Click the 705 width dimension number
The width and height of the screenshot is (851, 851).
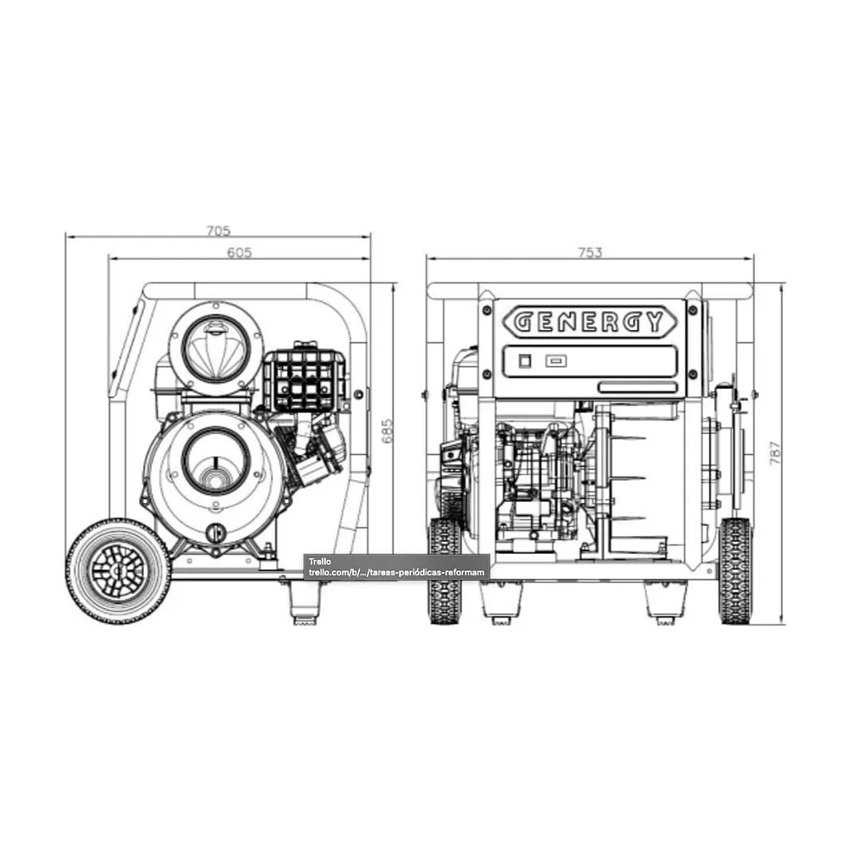[x=218, y=231]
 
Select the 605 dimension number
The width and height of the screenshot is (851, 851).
[x=239, y=253]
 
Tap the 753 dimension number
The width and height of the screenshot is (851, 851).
[x=590, y=253]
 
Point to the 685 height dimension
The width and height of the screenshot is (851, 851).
[x=387, y=431]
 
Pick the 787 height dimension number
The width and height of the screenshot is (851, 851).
[x=776, y=453]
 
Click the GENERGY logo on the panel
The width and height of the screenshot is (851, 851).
[x=590, y=322]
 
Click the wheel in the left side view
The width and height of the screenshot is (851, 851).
[x=118, y=571]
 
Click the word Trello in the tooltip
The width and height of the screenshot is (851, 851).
[x=320, y=562]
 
